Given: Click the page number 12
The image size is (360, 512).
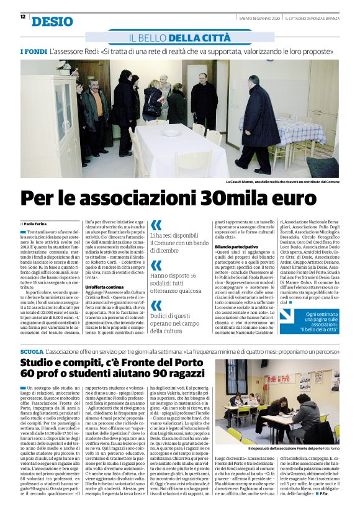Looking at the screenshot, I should (23, 17).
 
